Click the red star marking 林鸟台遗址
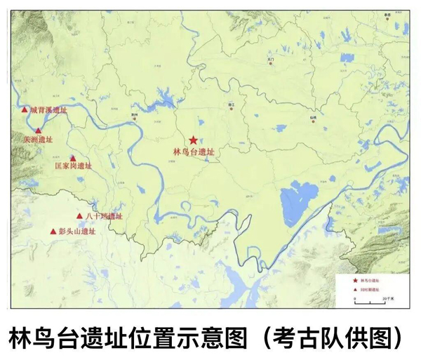click(193, 140)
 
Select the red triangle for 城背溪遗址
click(25, 109)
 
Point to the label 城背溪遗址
click(48, 110)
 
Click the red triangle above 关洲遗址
click(39, 130)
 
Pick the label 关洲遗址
click(38, 139)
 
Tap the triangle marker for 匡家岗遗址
click(73, 159)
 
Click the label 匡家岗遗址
click(73, 167)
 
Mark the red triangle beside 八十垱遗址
click(79, 216)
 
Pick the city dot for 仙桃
click(313, 121)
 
